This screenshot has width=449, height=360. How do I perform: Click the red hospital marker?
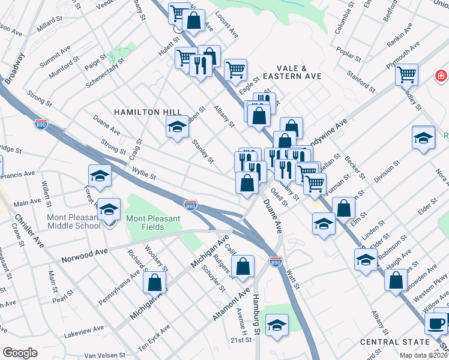click(x=441, y=76)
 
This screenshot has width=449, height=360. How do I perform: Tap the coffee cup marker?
click(x=435, y=323)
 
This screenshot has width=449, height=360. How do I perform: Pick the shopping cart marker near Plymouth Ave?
click(x=406, y=74)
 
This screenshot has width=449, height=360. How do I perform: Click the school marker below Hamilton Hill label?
click(x=177, y=127)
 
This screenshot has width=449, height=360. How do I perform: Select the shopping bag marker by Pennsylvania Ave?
click(x=154, y=282)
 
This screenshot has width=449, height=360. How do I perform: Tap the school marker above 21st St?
click(x=276, y=326)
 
